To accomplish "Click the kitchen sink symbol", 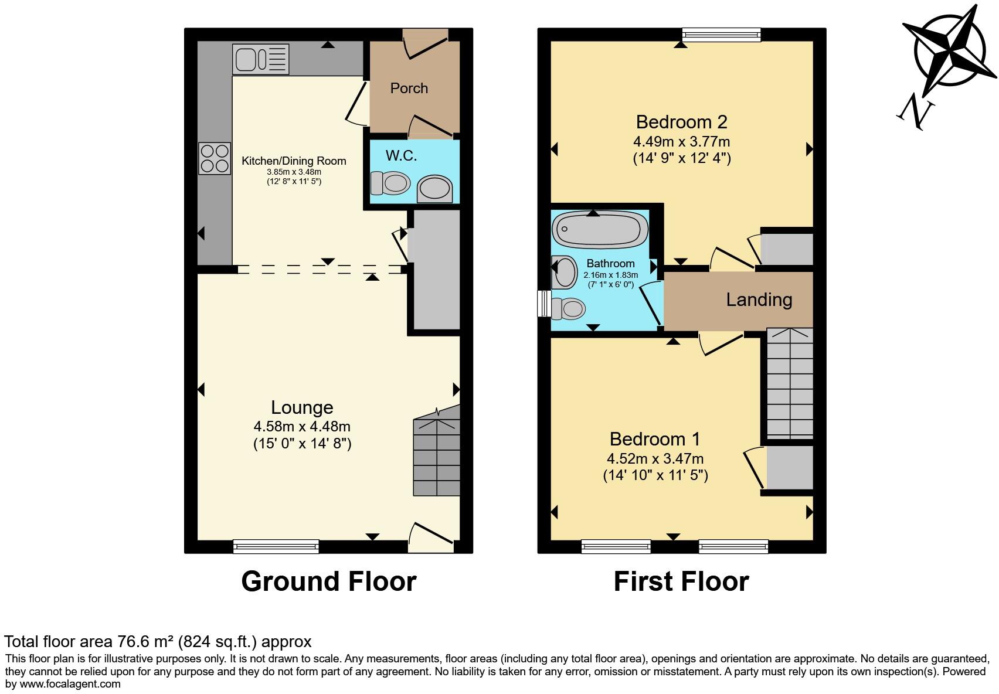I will [261, 59].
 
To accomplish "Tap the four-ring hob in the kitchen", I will [215, 158].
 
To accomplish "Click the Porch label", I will [409, 89].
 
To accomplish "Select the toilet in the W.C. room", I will [390, 183].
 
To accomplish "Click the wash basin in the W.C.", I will [435, 189].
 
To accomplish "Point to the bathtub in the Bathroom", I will [600, 229].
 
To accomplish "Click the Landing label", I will [759, 300].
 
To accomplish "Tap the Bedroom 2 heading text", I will [681, 122].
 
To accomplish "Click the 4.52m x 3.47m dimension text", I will [655, 459].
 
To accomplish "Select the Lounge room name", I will [302, 407].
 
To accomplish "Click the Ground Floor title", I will [328, 581].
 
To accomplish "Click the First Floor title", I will [681, 581].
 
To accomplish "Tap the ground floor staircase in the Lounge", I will [437, 457].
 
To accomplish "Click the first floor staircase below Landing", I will [790, 384].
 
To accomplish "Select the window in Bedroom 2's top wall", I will [721, 35].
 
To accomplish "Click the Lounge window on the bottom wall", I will [276, 546].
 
